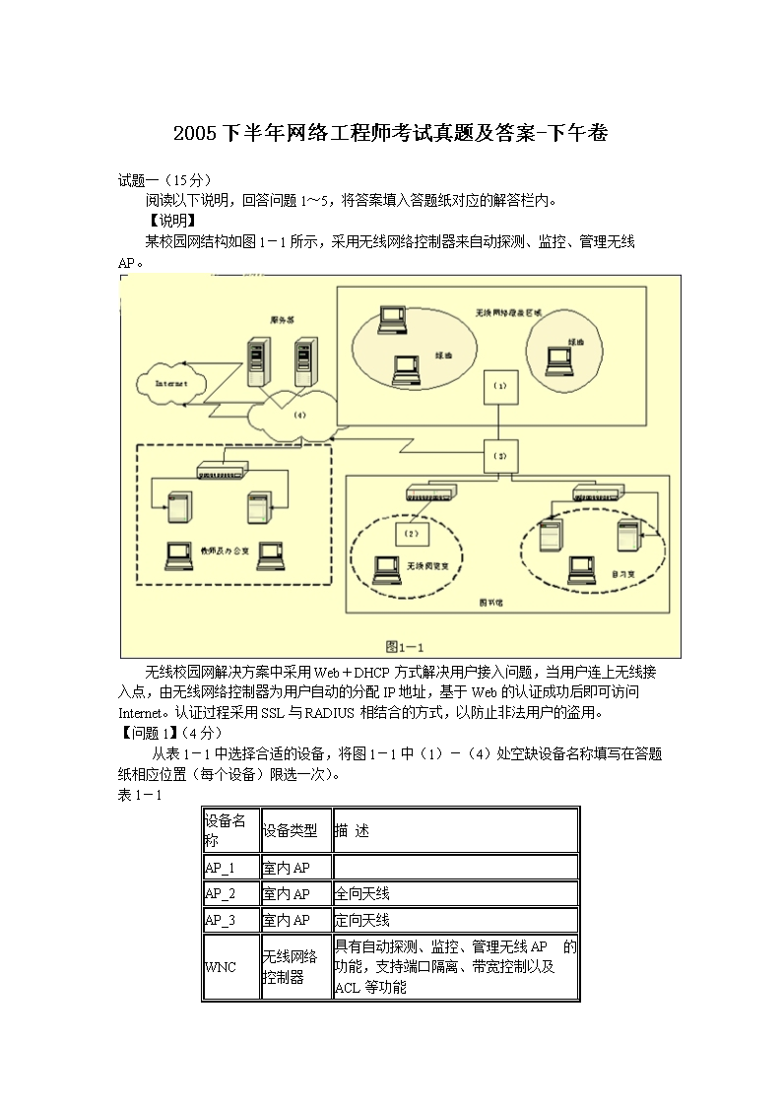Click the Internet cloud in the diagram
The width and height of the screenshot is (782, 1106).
pos(172,382)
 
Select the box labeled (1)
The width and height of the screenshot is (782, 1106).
pos(499,387)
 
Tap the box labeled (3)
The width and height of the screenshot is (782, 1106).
pos(499,456)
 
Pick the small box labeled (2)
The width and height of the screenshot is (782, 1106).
pos(412,533)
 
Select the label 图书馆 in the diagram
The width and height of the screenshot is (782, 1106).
pos(486,601)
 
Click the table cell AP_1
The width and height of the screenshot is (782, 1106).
pos(230,868)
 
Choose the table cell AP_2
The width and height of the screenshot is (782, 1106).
pos(230,894)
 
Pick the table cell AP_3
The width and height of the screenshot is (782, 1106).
pos(230,920)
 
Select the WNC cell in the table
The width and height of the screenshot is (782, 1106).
pos(230,966)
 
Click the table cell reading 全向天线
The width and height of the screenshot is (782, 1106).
pos(455,894)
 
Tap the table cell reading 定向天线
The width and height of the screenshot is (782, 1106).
pos(455,920)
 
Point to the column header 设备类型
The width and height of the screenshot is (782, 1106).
pos(295,831)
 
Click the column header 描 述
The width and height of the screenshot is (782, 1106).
pos(455,831)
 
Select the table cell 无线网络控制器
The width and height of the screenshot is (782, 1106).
pos(295,966)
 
